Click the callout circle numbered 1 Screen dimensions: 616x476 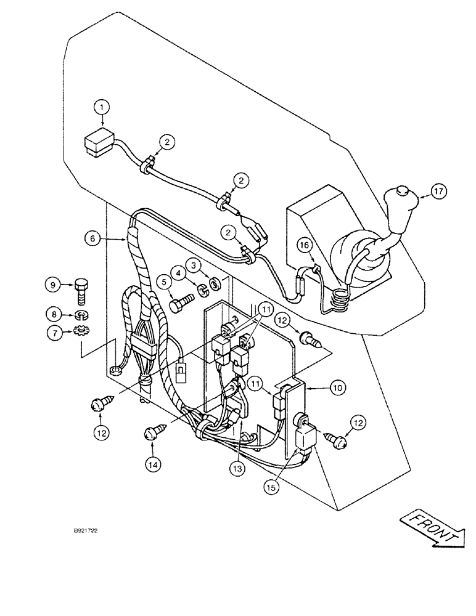104,108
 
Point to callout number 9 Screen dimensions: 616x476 52,285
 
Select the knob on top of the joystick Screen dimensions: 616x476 403,192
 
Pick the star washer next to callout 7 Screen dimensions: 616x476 80,332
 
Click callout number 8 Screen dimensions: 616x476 52,315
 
